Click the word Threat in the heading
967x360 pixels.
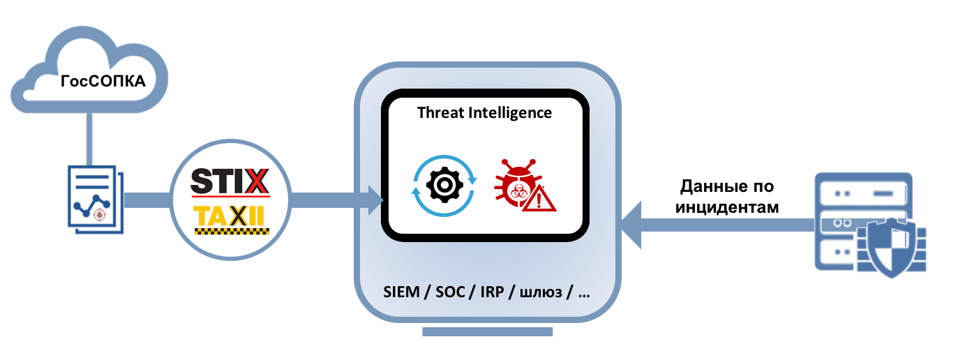pyautogui.click(x=440, y=112)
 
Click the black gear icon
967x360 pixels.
pyautogui.click(x=444, y=184)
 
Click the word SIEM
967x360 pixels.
pyautogui.click(x=403, y=292)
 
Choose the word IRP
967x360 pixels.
pyautogui.click(x=490, y=292)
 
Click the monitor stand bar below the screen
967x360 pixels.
pyautogui.click(x=487, y=331)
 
